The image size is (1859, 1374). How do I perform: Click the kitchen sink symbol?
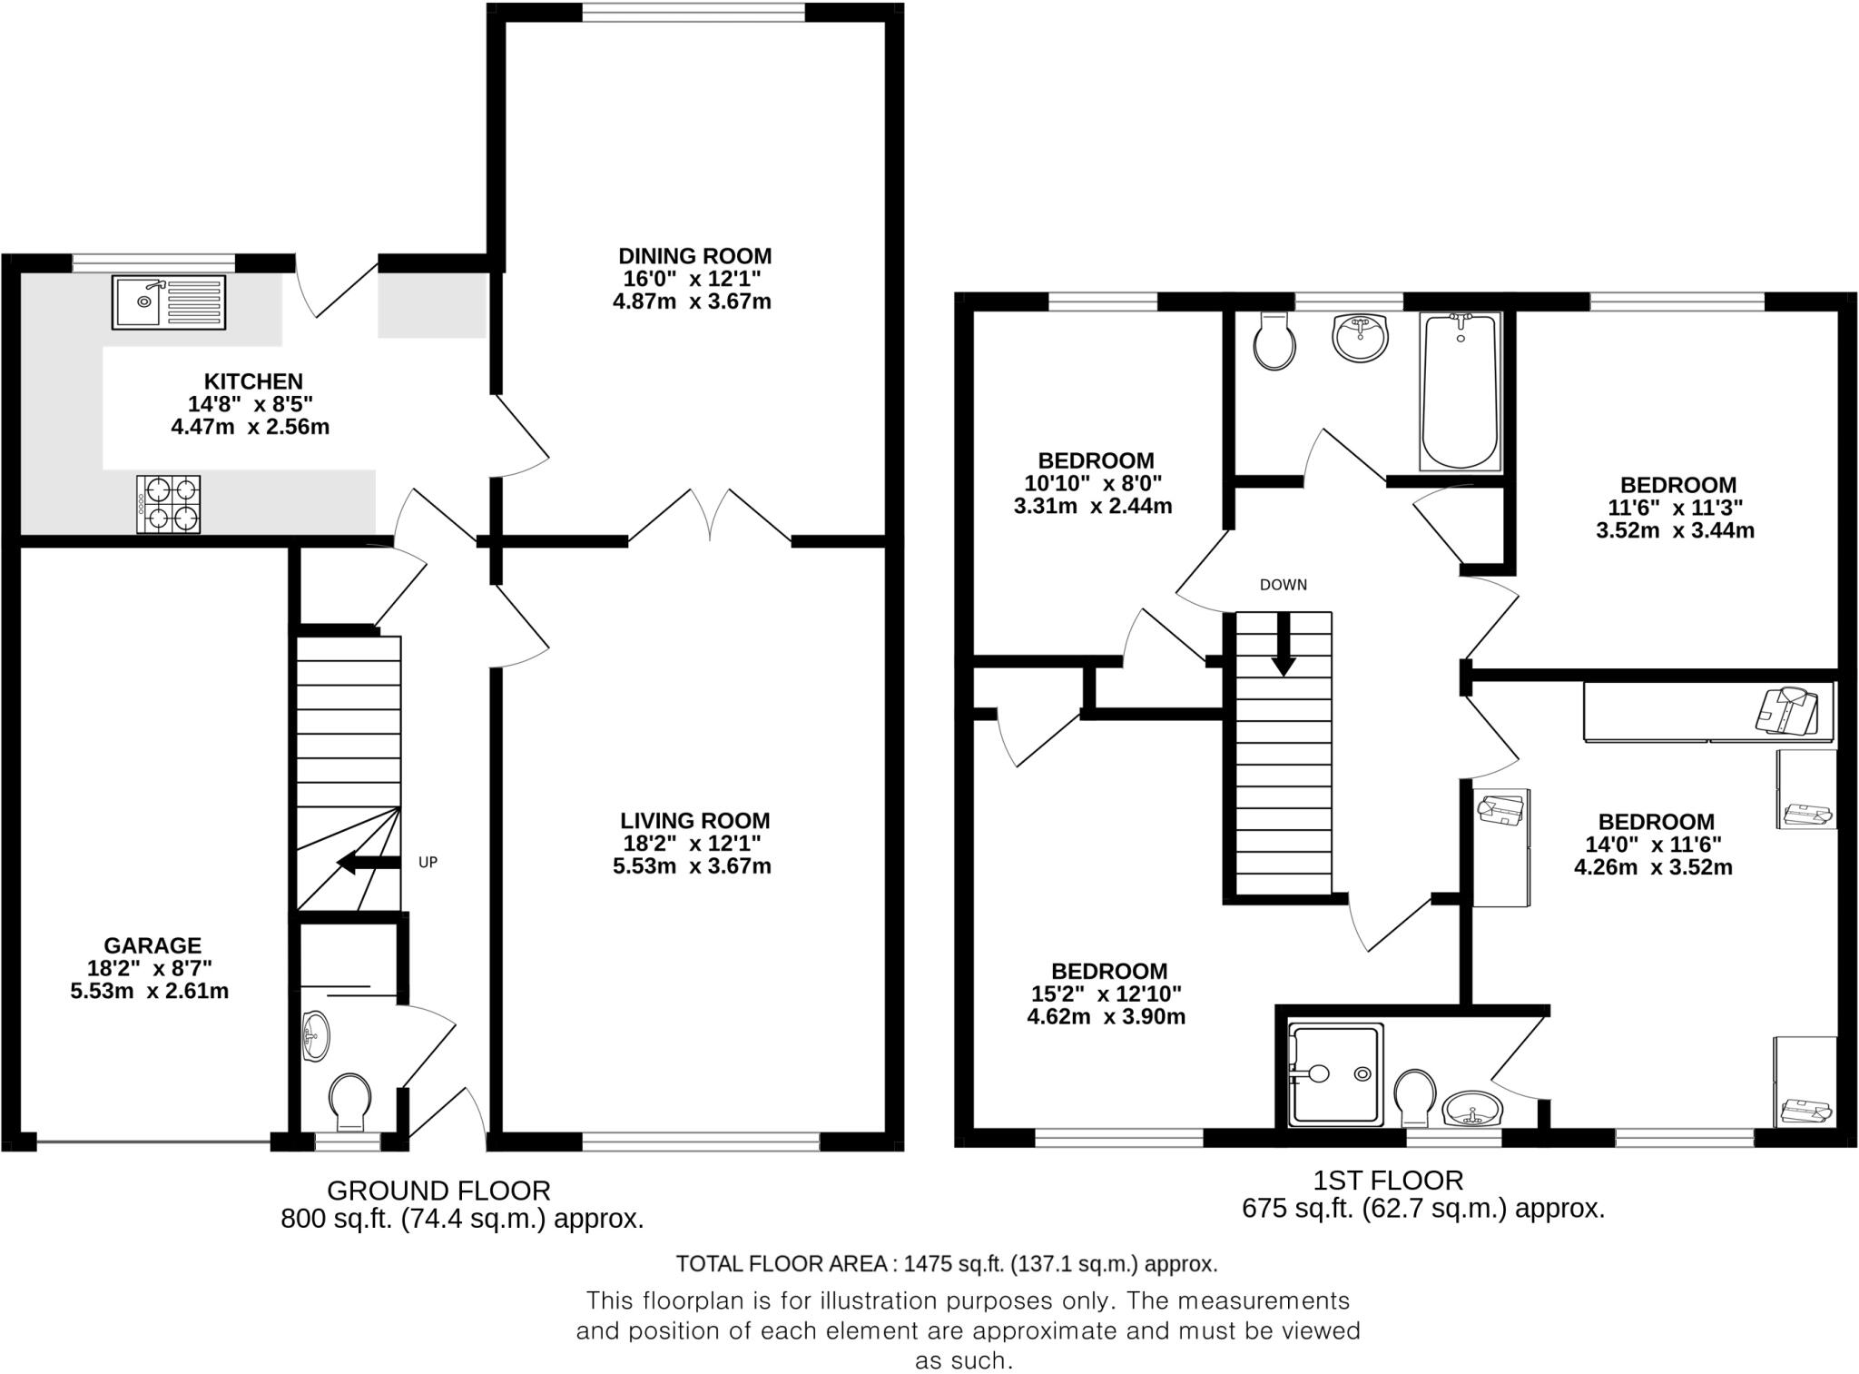tap(169, 301)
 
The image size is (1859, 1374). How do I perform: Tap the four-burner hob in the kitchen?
tap(169, 504)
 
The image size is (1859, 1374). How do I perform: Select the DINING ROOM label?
tap(694, 256)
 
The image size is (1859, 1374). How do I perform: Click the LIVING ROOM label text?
tap(694, 821)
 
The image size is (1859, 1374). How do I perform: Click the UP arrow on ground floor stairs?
tap(368, 862)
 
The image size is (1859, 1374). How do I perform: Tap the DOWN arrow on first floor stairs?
tap(1283, 645)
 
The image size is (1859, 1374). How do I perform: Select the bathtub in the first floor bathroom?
tap(1459, 392)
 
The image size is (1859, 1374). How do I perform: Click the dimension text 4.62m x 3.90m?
tap(1106, 1016)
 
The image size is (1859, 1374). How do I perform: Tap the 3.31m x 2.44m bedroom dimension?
tap(1093, 506)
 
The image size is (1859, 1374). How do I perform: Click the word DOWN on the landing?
tap(1283, 585)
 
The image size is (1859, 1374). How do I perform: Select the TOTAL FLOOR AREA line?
tap(946, 1263)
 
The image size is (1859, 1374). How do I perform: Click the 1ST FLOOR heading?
tap(1388, 1180)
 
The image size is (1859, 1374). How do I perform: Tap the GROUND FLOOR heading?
tap(438, 1190)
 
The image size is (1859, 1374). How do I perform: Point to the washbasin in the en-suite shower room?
tap(1473, 1110)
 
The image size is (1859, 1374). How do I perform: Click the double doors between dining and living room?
tap(710, 518)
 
